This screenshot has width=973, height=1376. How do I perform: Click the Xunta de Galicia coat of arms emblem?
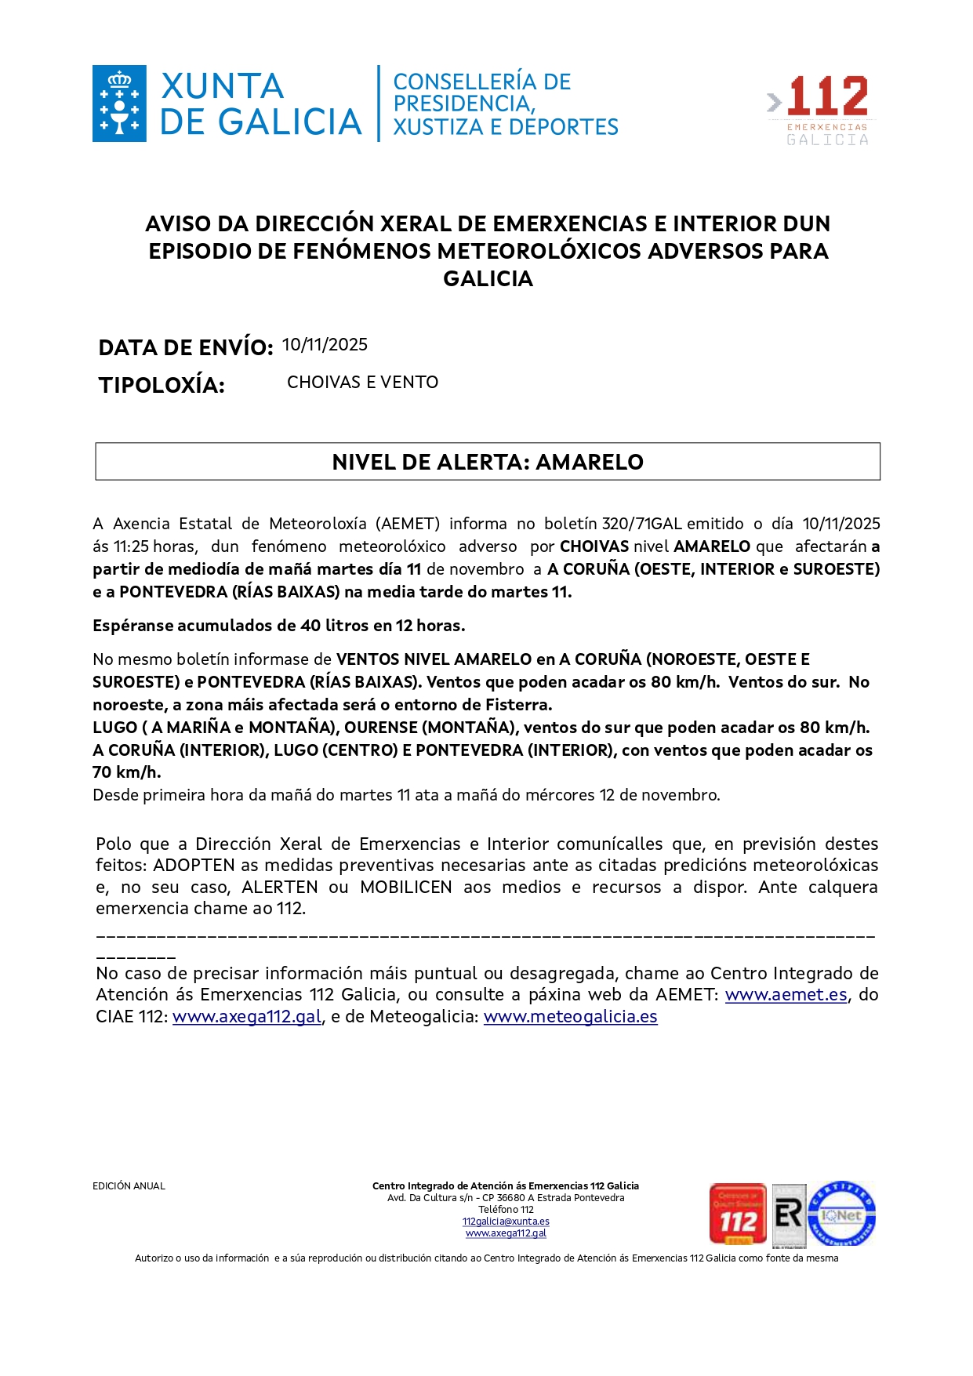coord(119,103)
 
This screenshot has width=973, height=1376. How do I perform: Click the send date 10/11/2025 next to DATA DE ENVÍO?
coord(325,345)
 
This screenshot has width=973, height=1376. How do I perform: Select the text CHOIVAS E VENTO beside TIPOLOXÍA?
coord(362,383)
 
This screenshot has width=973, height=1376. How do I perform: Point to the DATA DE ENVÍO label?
coord(185,347)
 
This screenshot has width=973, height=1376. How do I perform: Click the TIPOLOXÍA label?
coord(162,385)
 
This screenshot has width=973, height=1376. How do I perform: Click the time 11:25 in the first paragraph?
coord(132,546)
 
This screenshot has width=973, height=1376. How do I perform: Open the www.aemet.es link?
coord(786,995)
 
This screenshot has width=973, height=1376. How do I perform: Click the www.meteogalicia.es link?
coord(570,1017)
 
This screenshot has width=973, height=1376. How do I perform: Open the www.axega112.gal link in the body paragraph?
coord(247,1017)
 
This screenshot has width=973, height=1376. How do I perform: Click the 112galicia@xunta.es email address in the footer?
coord(506,1222)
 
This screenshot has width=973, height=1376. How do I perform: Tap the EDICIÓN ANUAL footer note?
coord(129,1186)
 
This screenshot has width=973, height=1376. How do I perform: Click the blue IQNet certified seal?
coord(841,1214)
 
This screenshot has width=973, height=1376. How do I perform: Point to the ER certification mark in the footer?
coord(789,1214)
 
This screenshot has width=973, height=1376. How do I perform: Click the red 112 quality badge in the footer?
coord(738,1214)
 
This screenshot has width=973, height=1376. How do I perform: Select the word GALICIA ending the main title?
coord(488,279)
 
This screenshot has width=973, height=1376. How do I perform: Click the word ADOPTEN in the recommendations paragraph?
coord(194,866)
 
